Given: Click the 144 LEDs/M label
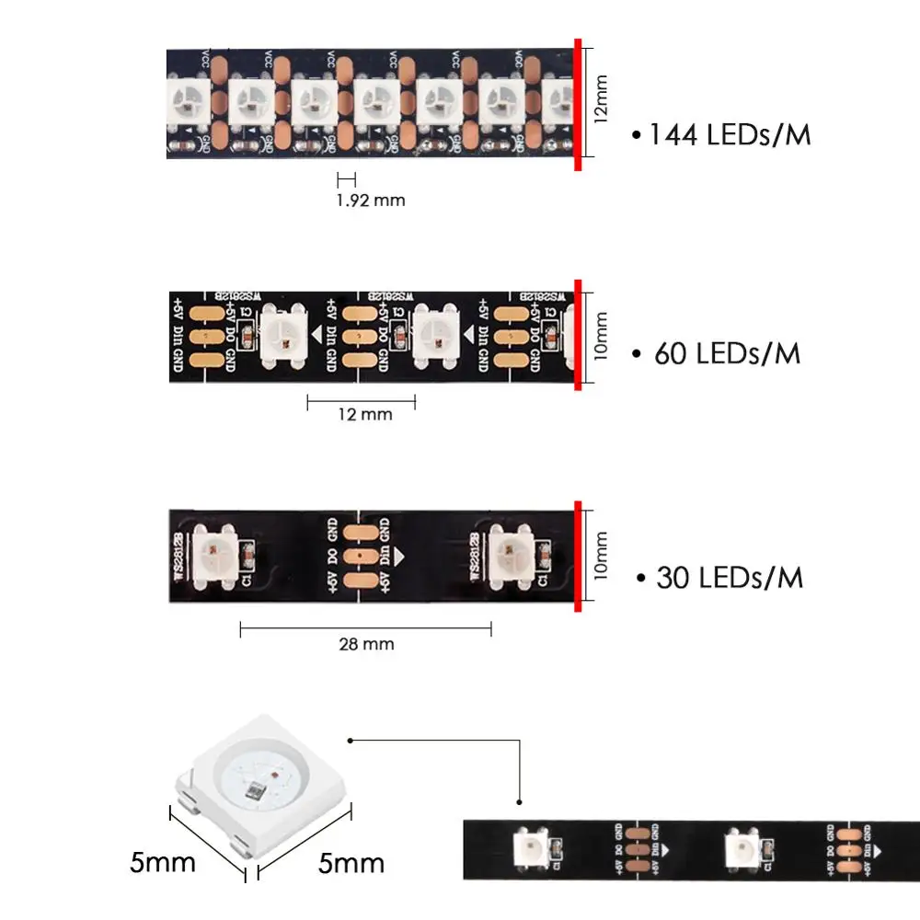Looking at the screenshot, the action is (x=730, y=135).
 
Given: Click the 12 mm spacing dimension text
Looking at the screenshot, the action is (x=363, y=414).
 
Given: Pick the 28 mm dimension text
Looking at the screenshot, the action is (x=365, y=643).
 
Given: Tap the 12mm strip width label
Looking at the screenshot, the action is (x=601, y=99).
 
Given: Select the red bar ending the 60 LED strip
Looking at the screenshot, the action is (x=578, y=335).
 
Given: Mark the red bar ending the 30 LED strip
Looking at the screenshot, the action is (x=578, y=556).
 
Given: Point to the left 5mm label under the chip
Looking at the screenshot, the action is (x=163, y=863).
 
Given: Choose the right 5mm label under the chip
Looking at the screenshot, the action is (x=351, y=863).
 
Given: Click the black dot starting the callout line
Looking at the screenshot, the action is (x=351, y=740).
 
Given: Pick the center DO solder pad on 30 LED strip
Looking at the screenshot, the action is (x=360, y=557).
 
